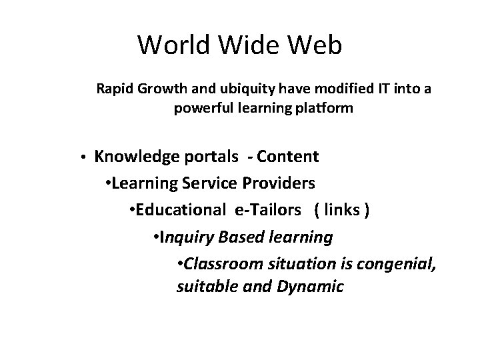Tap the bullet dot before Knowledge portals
(81, 157)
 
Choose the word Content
(287, 157)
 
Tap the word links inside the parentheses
(342, 210)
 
